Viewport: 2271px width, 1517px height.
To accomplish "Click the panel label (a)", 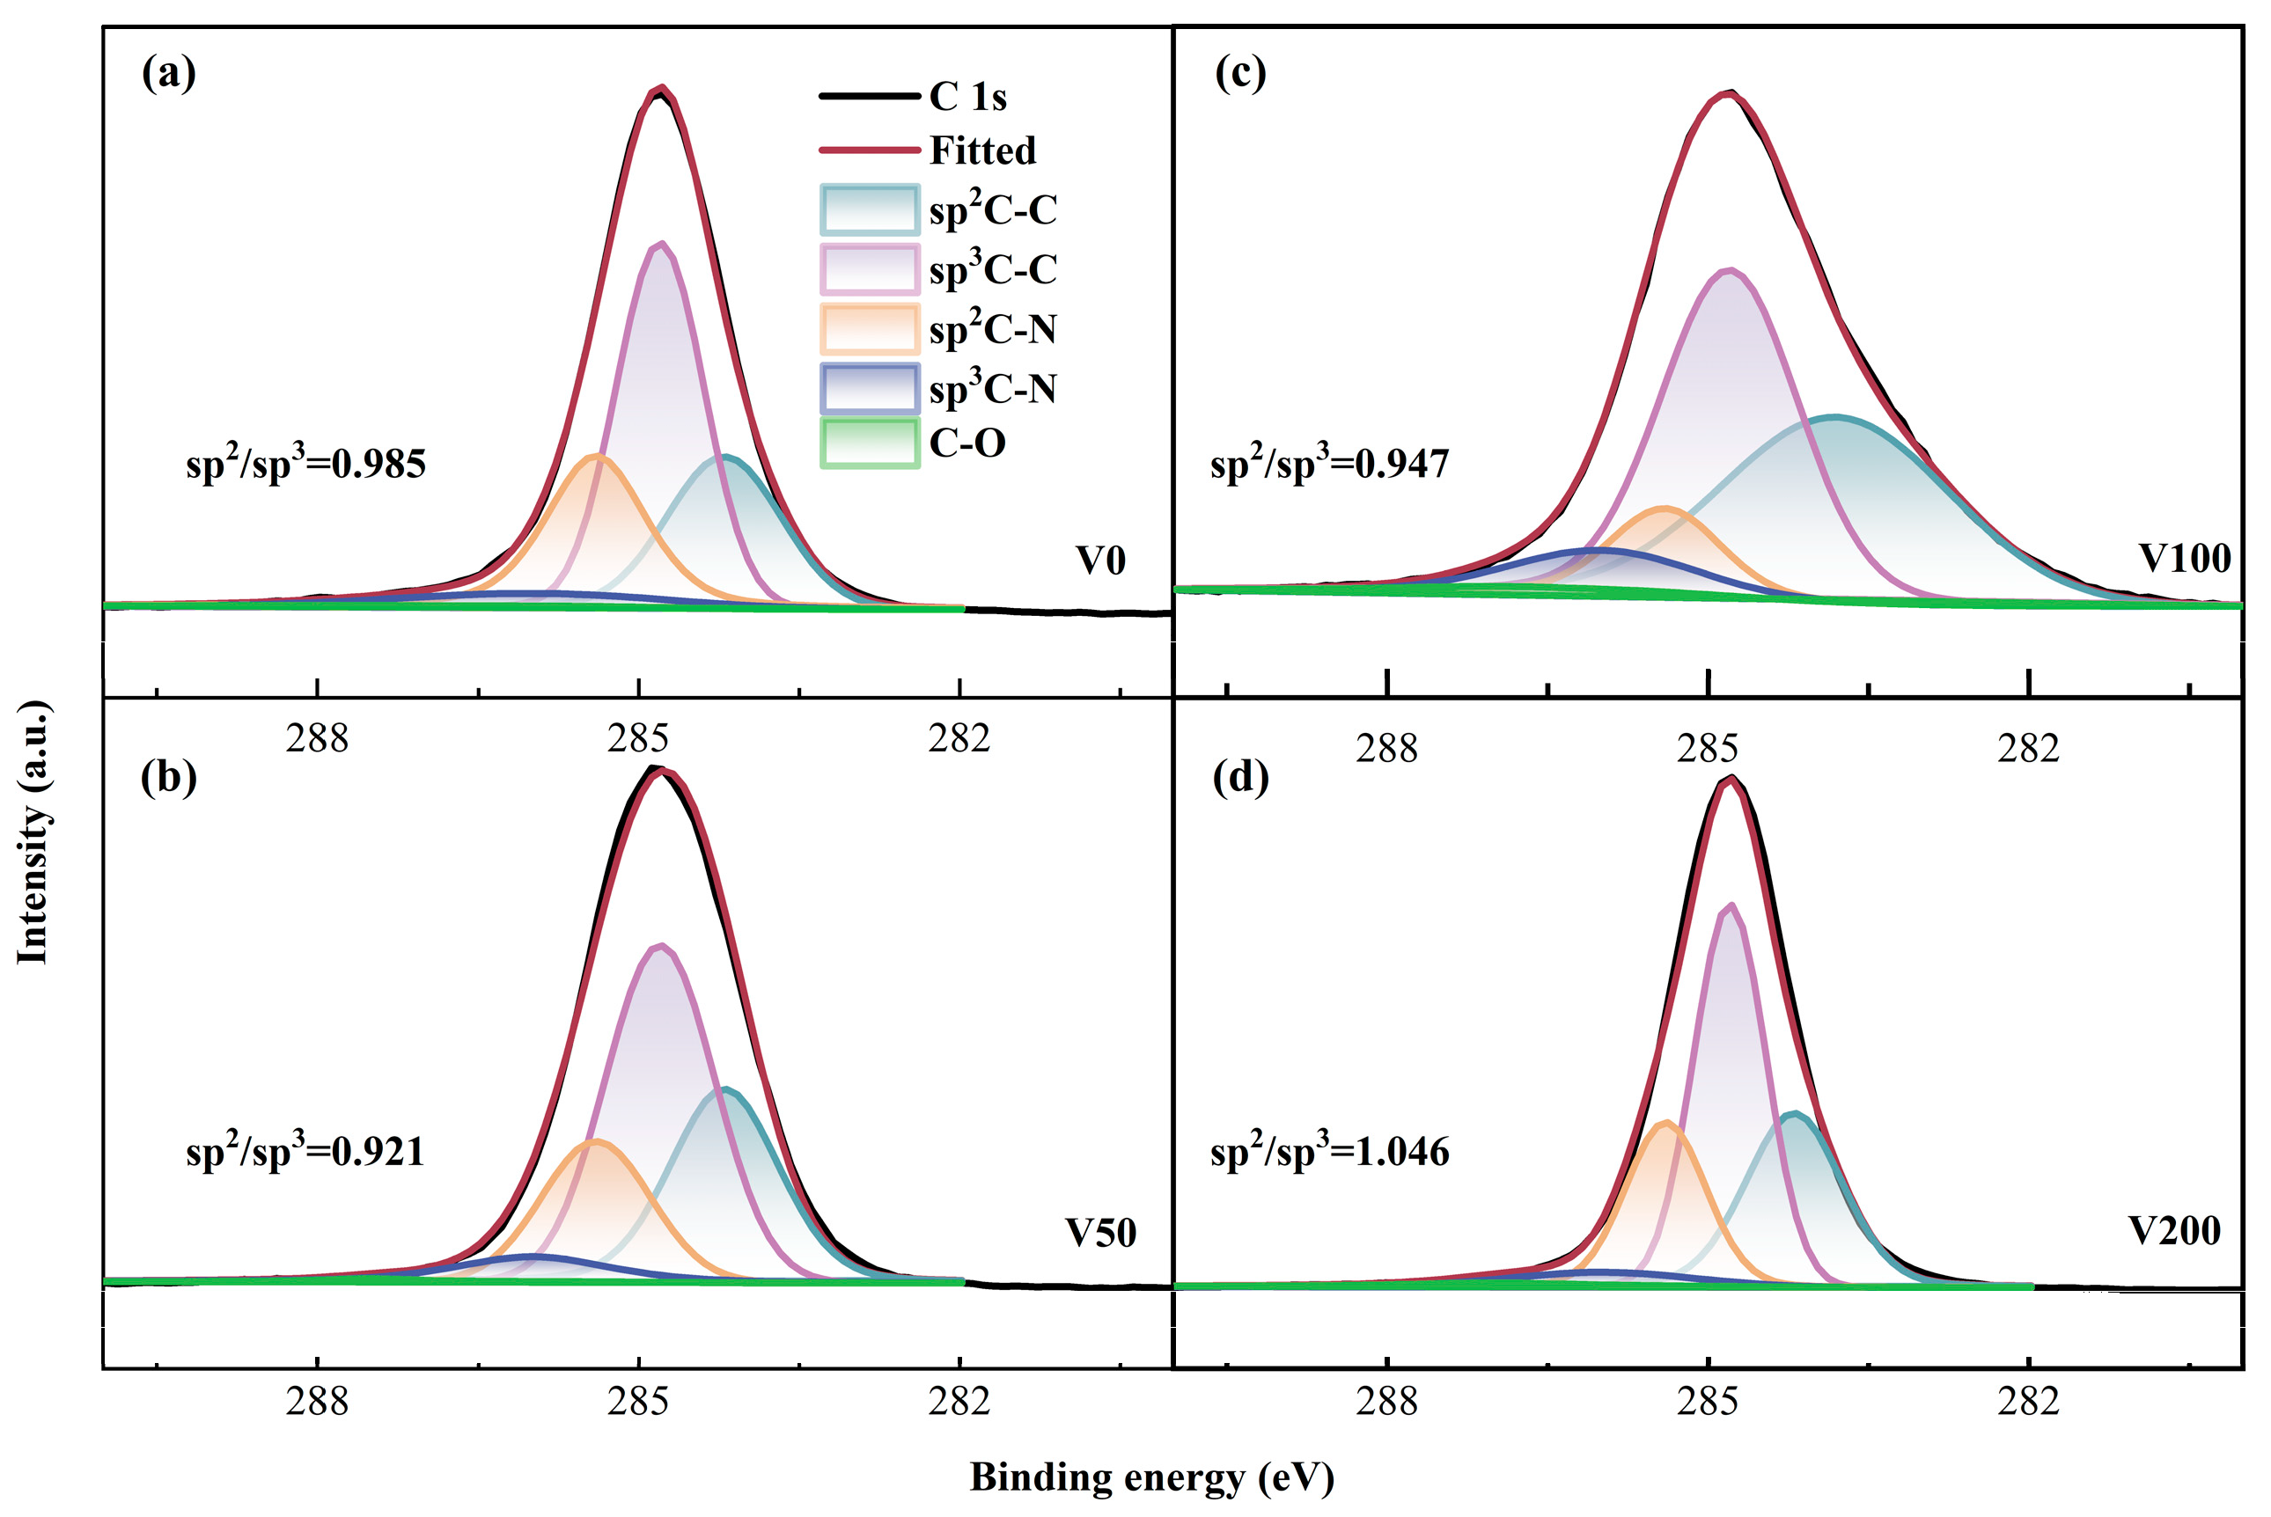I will pyautogui.click(x=168, y=74).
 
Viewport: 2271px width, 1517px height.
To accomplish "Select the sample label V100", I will pyautogui.click(x=2184, y=558).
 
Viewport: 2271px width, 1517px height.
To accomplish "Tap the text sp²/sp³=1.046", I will pyautogui.click(x=1328, y=1151).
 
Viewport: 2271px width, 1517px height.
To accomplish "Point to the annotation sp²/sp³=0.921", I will pyautogui.click(x=305, y=1151).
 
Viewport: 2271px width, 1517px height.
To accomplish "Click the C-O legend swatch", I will pyautogui.click(x=869, y=443).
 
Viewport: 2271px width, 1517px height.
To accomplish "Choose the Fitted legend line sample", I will pyautogui.click(x=869, y=150).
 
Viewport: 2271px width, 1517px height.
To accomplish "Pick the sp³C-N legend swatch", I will pyautogui.click(x=869, y=388).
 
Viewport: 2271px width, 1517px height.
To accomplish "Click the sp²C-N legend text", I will pyautogui.click(x=992, y=329).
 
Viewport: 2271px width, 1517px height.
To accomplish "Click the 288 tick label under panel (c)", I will pyautogui.click(x=1385, y=749).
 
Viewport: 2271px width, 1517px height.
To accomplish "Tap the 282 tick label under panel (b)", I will pyautogui.click(x=959, y=1401).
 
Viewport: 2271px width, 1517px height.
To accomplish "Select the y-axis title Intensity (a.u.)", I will pyautogui.click(x=33, y=832).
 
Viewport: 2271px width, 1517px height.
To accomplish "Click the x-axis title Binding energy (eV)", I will pyautogui.click(x=1151, y=1477).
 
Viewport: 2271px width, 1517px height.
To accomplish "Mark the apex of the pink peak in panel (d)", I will pyautogui.click(x=1731, y=905).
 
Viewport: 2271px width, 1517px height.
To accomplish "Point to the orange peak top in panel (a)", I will pyautogui.click(x=598, y=456).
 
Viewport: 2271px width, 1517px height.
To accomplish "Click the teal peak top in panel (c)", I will pyautogui.click(x=1834, y=417).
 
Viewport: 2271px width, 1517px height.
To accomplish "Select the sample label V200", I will pyautogui.click(x=2174, y=1231).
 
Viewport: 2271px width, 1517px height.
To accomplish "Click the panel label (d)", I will pyautogui.click(x=1239, y=778).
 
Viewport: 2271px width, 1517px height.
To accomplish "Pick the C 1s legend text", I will pyautogui.click(x=967, y=97).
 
